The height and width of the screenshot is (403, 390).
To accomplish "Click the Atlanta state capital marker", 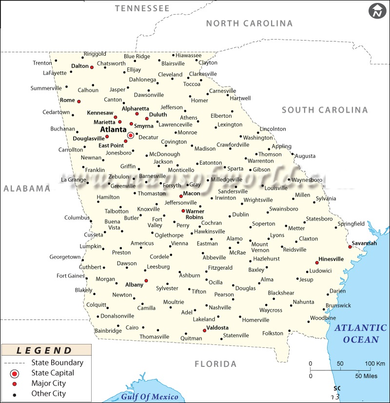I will click(131, 135).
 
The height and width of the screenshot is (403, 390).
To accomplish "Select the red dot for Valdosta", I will click(204, 331).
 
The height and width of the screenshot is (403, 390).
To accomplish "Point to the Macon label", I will click(192, 194).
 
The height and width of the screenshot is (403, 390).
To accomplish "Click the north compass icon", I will click(377, 11).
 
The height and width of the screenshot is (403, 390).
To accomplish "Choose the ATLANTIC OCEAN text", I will click(360, 334).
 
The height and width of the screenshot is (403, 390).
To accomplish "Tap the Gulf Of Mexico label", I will click(150, 396).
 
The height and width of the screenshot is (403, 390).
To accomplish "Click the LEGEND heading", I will click(44, 350).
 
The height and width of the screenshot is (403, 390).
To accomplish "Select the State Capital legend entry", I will click(53, 373).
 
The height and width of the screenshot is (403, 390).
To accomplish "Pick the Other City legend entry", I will click(48, 393).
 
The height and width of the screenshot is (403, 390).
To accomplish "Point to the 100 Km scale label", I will click(375, 363).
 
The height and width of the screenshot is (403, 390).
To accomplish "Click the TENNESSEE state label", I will click(142, 8).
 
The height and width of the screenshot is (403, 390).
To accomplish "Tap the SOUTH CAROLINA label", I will click(325, 110).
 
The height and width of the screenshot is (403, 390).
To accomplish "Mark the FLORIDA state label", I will click(215, 364).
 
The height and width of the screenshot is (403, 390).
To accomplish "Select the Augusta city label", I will click(305, 156).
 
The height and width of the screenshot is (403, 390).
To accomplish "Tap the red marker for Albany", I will click(146, 281).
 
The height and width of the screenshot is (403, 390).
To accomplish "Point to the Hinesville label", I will click(331, 259).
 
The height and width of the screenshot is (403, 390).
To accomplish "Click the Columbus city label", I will click(77, 218).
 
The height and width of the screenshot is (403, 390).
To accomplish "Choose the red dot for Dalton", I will click(92, 67).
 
